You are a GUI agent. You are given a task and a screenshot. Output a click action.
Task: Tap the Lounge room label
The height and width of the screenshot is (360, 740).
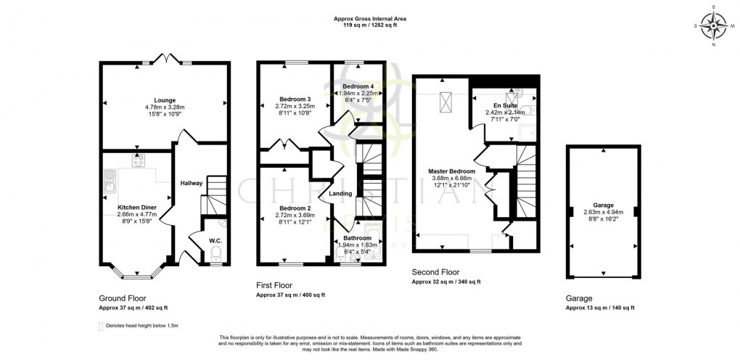coord(164,100)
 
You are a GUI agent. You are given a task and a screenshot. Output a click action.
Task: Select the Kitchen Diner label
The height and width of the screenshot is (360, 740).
coord(137,206)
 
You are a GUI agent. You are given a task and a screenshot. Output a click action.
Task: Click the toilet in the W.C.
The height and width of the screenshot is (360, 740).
coord(214,254)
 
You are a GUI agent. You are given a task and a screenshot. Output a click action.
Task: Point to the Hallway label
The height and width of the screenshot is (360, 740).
coord(192,183)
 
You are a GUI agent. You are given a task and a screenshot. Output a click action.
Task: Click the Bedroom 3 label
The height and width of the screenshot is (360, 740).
coord(295,99)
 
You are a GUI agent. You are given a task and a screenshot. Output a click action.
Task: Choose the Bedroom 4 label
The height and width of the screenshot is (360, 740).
coord(357,86)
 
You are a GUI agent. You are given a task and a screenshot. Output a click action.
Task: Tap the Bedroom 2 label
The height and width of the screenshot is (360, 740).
coord(295,208)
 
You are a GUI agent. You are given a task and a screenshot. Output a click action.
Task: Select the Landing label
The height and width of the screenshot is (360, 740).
coord(340,193)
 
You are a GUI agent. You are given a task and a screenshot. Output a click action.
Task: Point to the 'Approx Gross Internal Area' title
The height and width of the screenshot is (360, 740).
coord(370,18)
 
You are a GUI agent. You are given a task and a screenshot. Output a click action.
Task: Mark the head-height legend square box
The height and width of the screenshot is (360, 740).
coord(101,327)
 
